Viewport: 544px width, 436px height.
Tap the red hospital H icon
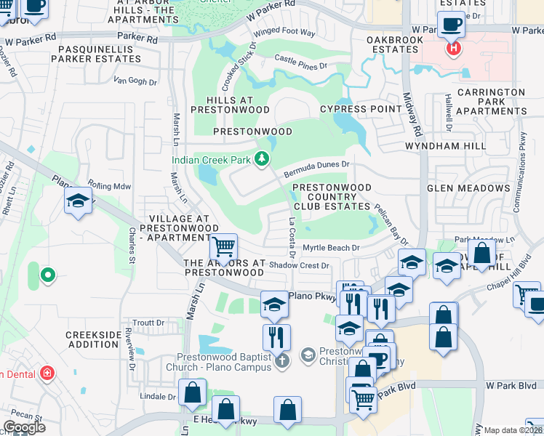click(453, 49)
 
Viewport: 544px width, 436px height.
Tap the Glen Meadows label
click(468, 188)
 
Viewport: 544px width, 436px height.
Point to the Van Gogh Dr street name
click(135, 82)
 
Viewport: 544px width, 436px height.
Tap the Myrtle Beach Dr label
click(331, 248)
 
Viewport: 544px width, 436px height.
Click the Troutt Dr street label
click(149, 323)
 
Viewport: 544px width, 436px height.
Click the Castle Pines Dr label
click(301, 65)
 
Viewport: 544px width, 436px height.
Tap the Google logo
click(24, 427)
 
